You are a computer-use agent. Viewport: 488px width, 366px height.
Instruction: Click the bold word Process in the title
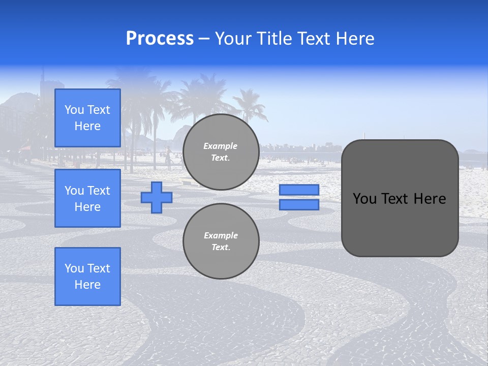[x=160, y=39]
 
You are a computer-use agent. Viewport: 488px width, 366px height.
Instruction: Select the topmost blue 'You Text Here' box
[x=87, y=118]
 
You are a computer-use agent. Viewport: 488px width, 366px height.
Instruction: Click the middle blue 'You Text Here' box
[x=87, y=198]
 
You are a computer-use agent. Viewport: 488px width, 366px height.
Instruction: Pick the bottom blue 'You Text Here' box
[x=87, y=277]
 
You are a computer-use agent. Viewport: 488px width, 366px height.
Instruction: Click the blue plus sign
[x=157, y=197]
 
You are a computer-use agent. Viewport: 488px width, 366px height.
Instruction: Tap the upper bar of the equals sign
[x=299, y=190]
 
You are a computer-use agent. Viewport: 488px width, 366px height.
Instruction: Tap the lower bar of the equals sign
[x=299, y=204]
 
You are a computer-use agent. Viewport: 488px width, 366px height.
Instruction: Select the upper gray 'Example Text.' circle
[x=221, y=152]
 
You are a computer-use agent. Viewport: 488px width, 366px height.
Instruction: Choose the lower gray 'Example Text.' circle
[x=221, y=241]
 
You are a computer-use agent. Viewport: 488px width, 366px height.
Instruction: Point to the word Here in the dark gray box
[x=430, y=199]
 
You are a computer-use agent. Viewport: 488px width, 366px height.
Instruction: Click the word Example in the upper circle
[x=220, y=146]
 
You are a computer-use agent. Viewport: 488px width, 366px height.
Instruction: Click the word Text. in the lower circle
[x=221, y=248]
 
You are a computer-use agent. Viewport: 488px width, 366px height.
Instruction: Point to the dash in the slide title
[x=204, y=39]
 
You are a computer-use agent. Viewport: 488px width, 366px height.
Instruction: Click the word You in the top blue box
[x=74, y=110]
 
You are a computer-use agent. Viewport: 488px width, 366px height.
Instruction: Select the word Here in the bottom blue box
[x=87, y=285]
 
